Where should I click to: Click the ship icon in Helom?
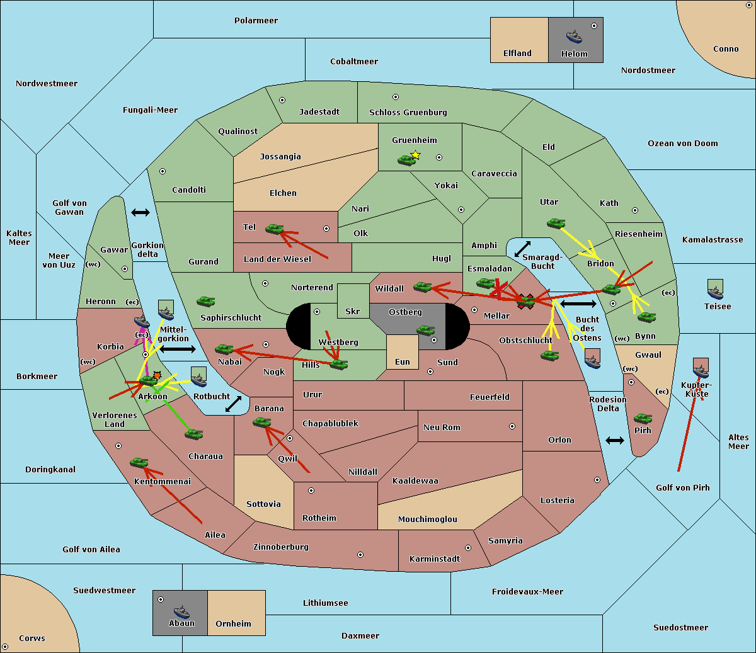[574, 37]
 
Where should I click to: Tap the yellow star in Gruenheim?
[416, 155]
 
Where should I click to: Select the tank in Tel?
[274, 229]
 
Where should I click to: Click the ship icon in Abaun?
[181, 611]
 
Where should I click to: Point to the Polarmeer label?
[256, 21]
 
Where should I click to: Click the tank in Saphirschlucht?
[205, 301]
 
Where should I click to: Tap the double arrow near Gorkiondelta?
[140, 212]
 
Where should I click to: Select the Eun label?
[403, 361]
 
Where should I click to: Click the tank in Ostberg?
[426, 331]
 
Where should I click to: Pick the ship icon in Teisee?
[715, 292]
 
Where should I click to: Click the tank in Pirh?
[643, 418]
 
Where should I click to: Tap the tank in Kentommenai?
[139, 462]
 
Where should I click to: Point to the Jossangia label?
[280, 157]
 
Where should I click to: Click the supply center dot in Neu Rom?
[512, 426]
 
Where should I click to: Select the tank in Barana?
[262, 423]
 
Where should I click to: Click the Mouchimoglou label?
[428, 519]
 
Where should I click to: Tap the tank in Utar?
[556, 223]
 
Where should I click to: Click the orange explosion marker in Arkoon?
[157, 375]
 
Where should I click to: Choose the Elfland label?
[517, 53]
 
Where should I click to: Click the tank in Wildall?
[423, 287]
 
